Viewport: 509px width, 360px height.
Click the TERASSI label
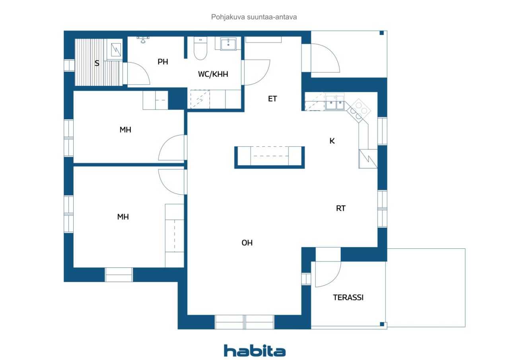(x=348, y=297)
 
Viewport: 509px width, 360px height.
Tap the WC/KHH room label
(x=213, y=74)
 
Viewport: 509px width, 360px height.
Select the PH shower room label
(x=163, y=62)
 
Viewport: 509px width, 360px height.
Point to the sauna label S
(x=97, y=63)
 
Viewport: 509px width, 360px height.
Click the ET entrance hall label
(x=272, y=99)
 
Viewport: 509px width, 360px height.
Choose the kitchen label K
(x=332, y=141)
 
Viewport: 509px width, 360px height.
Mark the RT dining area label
(x=341, y=208)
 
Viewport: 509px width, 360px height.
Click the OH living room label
(x=247, y=243)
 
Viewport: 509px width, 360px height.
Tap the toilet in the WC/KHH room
(x=200, y=48)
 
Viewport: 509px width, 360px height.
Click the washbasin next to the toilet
(x=228, y=44)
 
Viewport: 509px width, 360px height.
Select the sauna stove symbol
(x=116, y=50)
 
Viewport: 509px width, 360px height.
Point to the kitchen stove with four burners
(x=359, y=111)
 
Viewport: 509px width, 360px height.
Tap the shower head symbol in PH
(x=143, y=39)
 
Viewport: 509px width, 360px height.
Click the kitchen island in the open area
(x=270, y=157)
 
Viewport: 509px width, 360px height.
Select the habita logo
(x=254, y=351)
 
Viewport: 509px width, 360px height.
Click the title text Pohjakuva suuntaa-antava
(x=254, y=17)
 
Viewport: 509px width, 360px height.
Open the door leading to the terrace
(x=328, y=274)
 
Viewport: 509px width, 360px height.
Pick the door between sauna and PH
(x=138, y=74)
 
